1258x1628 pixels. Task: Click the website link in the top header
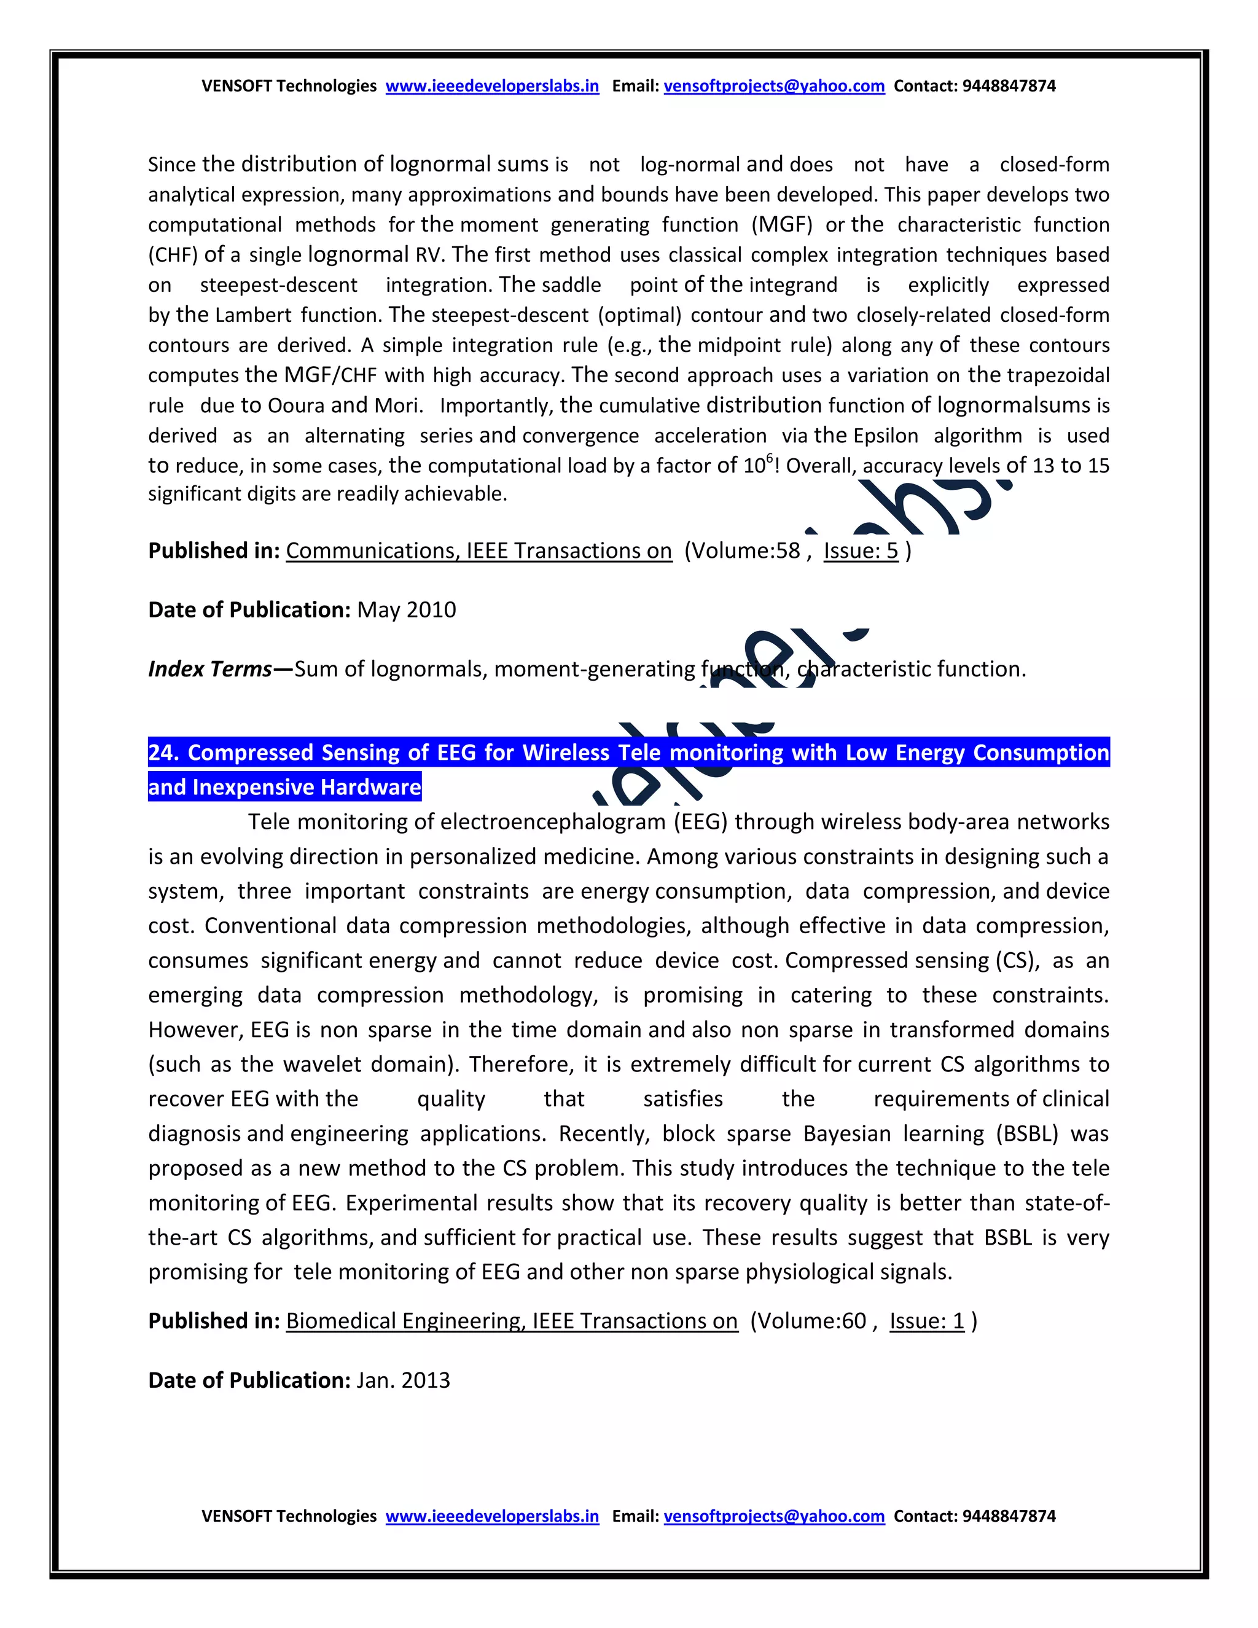point(492,86)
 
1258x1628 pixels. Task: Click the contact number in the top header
point(1009,86)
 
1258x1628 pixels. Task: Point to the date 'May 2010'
point(406,610)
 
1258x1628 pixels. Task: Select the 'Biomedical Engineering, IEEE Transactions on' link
point(511,1321)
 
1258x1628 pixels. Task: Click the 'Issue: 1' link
point(926,1321)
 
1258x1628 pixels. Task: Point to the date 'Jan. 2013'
point(403,1380)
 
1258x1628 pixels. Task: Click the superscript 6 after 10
point(770,458)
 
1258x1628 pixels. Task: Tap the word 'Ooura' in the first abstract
point(296,405)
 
